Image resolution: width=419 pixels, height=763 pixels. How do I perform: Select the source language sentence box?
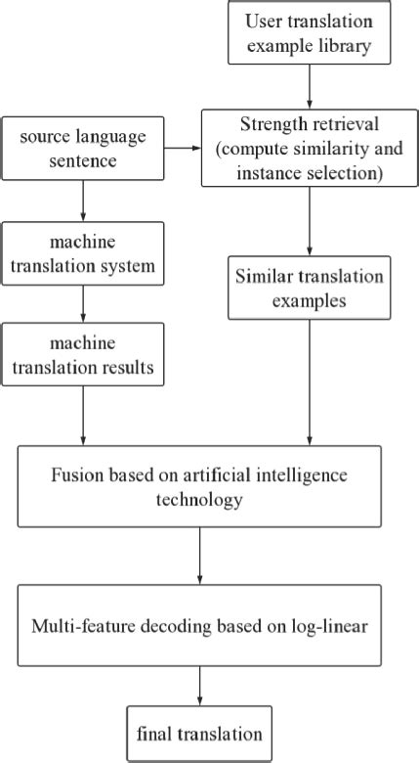(x=83, y=150)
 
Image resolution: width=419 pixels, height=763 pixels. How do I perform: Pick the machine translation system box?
(x=83, y=254)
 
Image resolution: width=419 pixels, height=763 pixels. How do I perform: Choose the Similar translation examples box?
(x=309, y=288)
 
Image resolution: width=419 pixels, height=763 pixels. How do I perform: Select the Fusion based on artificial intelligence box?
(x=199, y=487)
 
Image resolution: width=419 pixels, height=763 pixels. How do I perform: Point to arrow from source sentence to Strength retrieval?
(x=184, y=150)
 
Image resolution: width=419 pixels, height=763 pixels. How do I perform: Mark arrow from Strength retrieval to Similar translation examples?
(x=309, y=221)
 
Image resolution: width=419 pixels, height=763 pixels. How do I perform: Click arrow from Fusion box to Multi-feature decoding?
(x=199, y=557)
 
